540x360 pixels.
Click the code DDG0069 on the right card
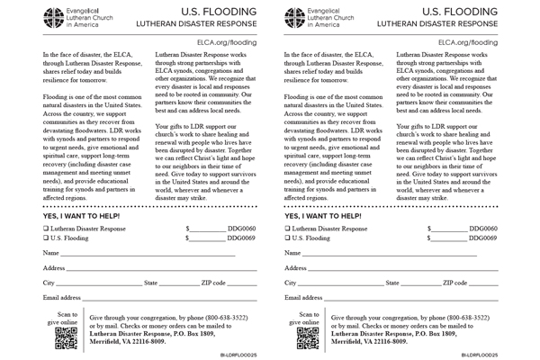tap(483, 238)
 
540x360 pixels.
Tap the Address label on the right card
tap(296, 268)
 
